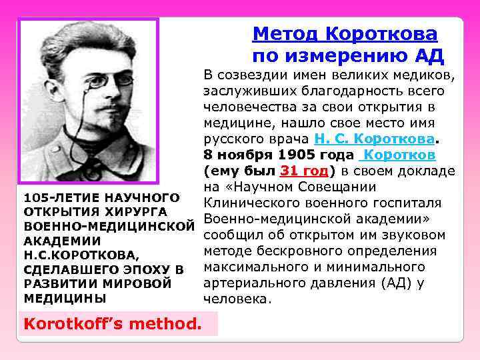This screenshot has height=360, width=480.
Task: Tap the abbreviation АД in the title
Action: pyautogui.click(x=428, y=56)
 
